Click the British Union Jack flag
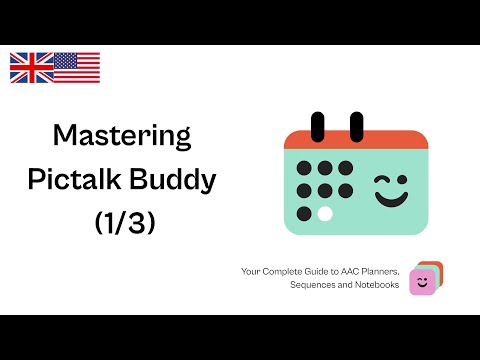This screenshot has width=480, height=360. point(31,67)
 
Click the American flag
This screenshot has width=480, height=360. point(77,67)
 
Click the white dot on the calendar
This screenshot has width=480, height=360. point(326,213)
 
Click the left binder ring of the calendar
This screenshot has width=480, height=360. point(319,126)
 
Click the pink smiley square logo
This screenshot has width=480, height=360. point(423,283)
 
